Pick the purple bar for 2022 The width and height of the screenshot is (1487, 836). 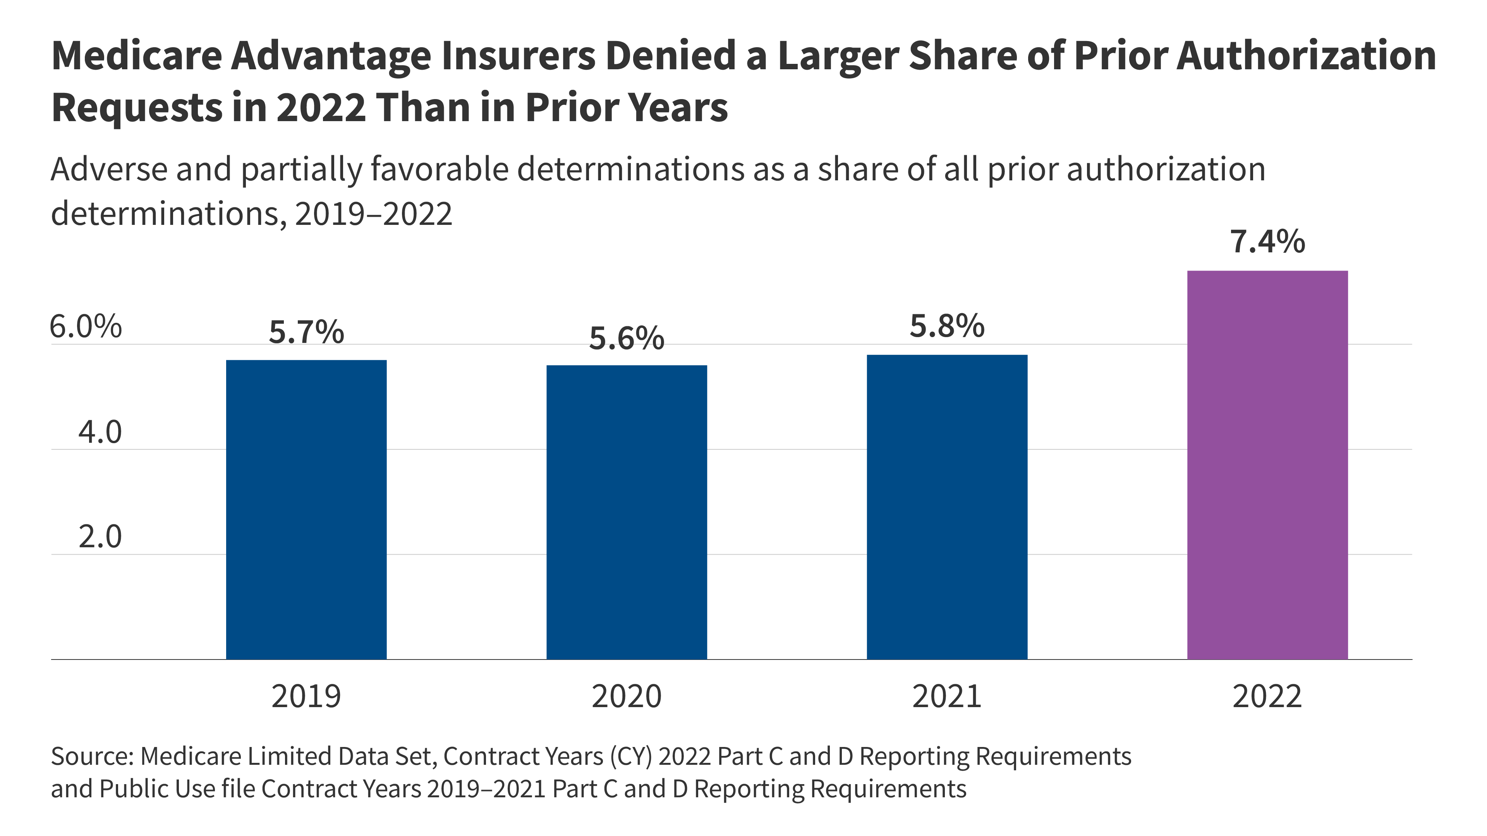click(x=1267, y=464)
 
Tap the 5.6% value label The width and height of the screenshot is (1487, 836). click(x=626, y=338)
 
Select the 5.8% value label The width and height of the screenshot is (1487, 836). click(x=947, y=326)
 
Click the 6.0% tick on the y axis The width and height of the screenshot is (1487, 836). click(x=86, y=327)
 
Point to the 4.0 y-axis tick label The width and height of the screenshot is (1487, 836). click(x=100, y=432)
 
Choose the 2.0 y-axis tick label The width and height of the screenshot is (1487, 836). click(x=100, y=537)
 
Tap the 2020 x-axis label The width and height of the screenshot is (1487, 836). click(x=626, y=696)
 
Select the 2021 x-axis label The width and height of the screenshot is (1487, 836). click(x=947, y=696)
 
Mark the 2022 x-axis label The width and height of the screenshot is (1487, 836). click(x=1267, y=696)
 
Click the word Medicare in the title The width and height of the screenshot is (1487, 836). click(x=137, y=56)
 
